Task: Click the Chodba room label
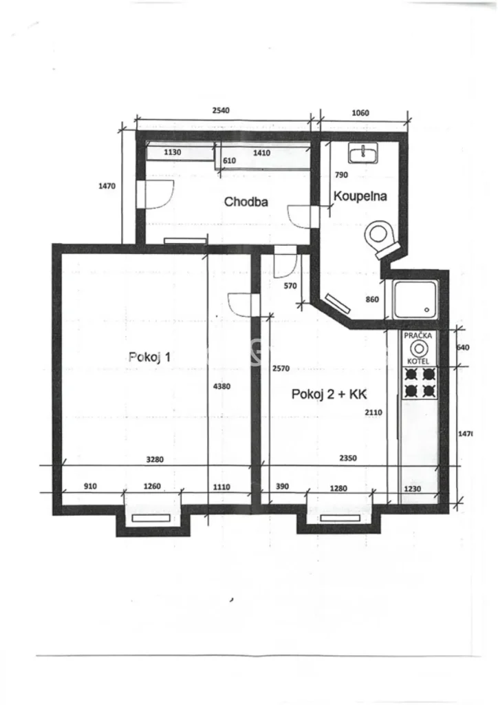point(246,202)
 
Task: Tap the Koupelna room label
point(360,196)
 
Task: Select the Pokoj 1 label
point(149,357)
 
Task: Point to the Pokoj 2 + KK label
point(329,394)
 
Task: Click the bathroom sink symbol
point(362,153)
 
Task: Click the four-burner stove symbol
point(420,383)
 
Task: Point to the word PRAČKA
point(418,335)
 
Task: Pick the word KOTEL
point(418,361)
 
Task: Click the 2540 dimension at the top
point(221,110)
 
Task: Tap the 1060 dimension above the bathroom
point(360,112)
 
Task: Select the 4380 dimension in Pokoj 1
point(222,386)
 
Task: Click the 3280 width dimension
point(155,459)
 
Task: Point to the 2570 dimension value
point(281,368)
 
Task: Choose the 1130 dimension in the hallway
point(173,152)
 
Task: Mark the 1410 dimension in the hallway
point(262,153)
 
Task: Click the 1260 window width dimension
point(152,486)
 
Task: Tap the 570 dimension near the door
point(290,286)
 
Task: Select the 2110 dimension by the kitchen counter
point(373,412)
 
